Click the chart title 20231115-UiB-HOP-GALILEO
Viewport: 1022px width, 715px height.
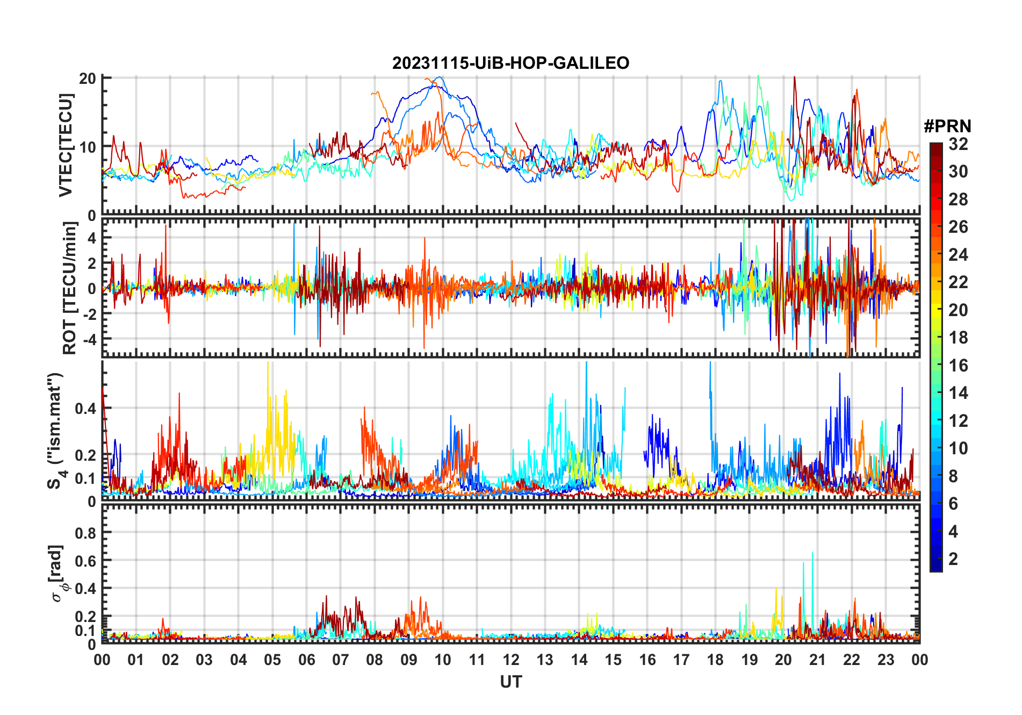(510, 63)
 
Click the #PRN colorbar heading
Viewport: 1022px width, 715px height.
(947, 126)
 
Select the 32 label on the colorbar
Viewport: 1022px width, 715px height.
(958, 144)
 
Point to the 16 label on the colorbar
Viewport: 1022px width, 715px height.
(958, 366)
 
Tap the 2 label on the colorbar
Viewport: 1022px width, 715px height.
(953, 559)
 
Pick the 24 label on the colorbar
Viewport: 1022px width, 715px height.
(958, 255)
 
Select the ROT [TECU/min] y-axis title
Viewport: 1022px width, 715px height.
(70, 288)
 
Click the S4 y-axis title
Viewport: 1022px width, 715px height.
(55, 430)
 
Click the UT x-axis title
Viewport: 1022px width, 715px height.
(510, 682)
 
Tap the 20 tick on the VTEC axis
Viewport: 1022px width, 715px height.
(88, 78)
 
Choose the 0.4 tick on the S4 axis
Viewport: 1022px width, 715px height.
(85, 409)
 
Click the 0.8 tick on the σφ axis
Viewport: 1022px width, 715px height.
(85, 533)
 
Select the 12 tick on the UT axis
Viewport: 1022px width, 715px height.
(511, 660)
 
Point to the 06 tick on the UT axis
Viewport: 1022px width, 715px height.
(307, 660)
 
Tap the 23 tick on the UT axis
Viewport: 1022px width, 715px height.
(886, 660)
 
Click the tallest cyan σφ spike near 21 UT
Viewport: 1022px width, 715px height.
(812, 553)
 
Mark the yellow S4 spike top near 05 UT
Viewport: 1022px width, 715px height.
(268, 363)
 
